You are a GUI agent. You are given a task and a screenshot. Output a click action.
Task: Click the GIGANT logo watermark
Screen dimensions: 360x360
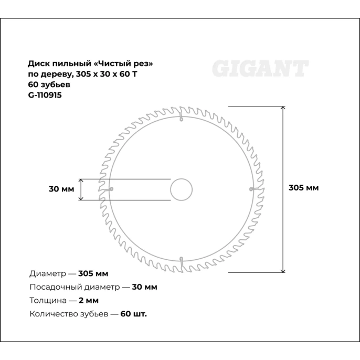260,69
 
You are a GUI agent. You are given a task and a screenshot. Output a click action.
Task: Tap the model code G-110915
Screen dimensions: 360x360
45,95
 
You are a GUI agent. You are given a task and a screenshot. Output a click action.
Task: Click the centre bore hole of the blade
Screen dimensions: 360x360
181,189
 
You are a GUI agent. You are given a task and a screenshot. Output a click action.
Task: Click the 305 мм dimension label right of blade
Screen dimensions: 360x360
304,188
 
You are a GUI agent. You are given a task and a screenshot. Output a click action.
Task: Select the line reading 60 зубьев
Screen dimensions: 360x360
49,84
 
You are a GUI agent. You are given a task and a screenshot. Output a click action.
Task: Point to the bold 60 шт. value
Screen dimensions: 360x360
134,314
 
